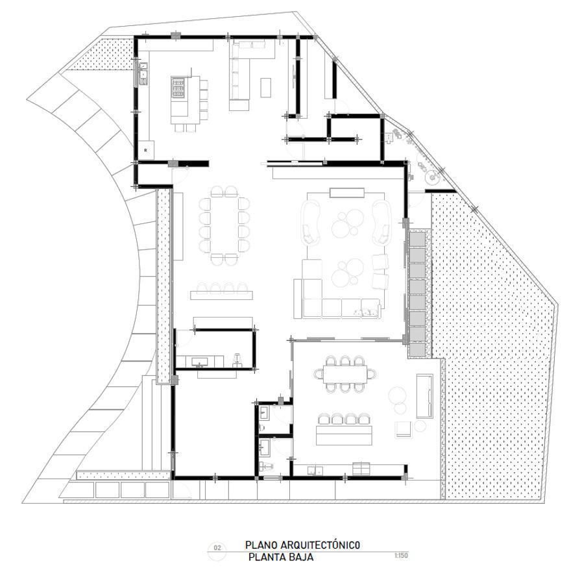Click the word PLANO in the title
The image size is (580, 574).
(x=261, y=545)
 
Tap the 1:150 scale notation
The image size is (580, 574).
(x=401, y=555)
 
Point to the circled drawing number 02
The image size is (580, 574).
(x=217, y=548)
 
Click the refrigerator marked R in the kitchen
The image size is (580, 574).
(x=146, y=150)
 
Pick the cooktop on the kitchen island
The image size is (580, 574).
(x=178, y=88)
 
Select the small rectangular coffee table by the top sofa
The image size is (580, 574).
(x=265, y=88)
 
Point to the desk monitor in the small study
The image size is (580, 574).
(x=200, y=362)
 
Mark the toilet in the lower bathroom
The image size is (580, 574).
(x=265, y=466)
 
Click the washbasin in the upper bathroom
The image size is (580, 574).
(x=265, y=412)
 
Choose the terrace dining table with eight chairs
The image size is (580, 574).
(x=344, y=374)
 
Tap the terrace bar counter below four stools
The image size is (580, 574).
(x=344, y=435)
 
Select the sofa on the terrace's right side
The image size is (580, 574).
(x=425, y=396)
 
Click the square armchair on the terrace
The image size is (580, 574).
(x=403, y=430)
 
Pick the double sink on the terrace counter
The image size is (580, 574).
(x=315, y=470)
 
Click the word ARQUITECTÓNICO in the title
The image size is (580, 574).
(x=320, y=545)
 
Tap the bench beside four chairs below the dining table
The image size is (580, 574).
(x=222, y=295)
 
